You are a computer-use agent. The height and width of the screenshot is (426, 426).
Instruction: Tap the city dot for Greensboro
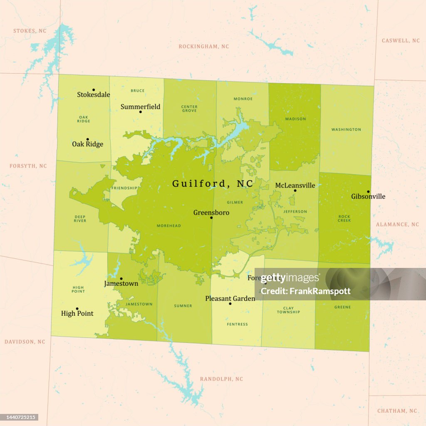tap(211, 218)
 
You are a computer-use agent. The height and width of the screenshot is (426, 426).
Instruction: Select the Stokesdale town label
tap(94, 94)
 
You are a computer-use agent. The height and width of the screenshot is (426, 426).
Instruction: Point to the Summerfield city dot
tap(141, 112)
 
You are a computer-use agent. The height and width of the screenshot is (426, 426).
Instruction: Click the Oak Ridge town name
tap(87, 144)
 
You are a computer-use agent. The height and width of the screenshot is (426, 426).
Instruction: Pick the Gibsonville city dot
tap(368, 192)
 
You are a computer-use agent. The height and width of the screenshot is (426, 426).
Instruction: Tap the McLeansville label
tap(295, 186)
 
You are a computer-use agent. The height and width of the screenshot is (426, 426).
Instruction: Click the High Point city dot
tap(77, 309)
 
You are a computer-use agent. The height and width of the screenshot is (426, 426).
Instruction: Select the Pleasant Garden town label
tap(230, 298)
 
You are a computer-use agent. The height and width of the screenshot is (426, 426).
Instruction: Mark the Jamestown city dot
tap(121, 279)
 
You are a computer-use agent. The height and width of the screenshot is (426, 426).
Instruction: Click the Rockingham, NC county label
tap(204, 47)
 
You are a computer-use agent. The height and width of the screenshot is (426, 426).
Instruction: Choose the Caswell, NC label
tap(401, 41)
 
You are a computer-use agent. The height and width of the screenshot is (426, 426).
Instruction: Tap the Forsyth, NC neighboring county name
tap(28, 166)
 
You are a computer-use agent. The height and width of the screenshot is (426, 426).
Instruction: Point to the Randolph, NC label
tap(221, 379)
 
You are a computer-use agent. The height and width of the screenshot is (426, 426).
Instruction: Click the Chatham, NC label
tap(397, 411)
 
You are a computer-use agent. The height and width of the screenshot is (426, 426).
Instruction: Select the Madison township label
tap(295, 119)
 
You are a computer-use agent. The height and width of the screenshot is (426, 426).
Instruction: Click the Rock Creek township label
tap(344, 218)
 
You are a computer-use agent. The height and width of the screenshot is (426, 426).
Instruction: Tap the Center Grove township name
tap(189, 109)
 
